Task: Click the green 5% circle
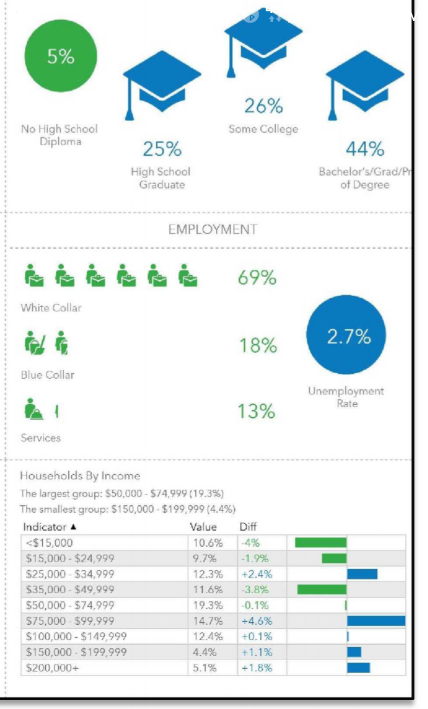[x=61, y=56]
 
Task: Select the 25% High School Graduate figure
[x=162, y=149]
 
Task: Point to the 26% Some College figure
[x=263, y=106]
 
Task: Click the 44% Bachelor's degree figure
[x=364, y=149]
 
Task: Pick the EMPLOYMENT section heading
[x=212, y=229]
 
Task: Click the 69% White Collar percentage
[x=257, y=278]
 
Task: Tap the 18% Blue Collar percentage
[x=257, y=345]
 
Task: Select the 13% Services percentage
[x=257, y=411]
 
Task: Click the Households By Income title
[x=80, y=475]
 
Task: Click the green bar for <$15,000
[x=320, y=542]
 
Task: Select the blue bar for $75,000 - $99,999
[x=376, y=620]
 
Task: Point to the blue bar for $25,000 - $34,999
[x=362, y=573]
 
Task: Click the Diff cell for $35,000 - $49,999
[x=254, y=590]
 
